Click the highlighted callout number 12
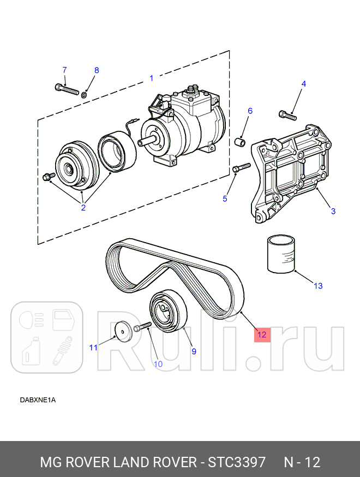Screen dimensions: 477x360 click(x=262, y=335)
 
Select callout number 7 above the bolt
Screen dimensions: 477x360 click(x=64, y=70)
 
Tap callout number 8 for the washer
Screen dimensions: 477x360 click(x=97, y=70)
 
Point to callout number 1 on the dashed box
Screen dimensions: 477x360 click(x=152, y=79)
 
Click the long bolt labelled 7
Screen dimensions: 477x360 click(x=67, y=88)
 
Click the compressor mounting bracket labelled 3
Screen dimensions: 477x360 click(x=289, y=175)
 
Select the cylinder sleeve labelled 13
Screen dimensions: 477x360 click(x=281, y=253)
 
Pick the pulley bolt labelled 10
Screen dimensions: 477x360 click(x=142, y=327)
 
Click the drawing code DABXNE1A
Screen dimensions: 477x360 click(x=38, y=400)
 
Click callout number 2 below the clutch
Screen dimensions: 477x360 click(x=83, y=207)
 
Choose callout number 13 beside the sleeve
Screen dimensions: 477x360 click(x=318, y=286)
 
